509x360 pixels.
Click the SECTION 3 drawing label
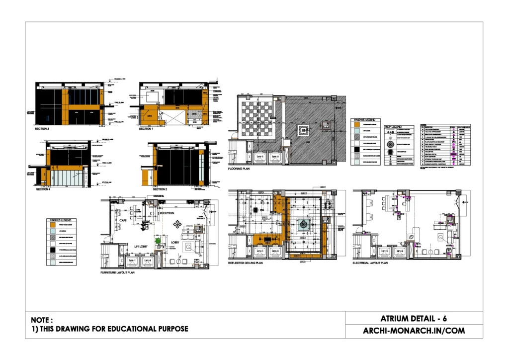coord(42,129)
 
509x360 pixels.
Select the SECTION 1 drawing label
coord(146,129)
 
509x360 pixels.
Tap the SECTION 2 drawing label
coord(160,189)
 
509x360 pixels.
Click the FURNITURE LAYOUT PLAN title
coord(117,273)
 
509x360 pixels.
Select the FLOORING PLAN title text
coord(239,169)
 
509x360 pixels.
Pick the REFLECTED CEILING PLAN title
coord(245,263)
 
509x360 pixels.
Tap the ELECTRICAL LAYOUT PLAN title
coord(370,263)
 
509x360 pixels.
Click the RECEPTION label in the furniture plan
coord(167,213)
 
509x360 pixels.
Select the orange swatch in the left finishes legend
coord(53,224)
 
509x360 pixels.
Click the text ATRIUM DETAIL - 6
coord(414,319)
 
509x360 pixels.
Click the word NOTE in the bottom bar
coord(42,320)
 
